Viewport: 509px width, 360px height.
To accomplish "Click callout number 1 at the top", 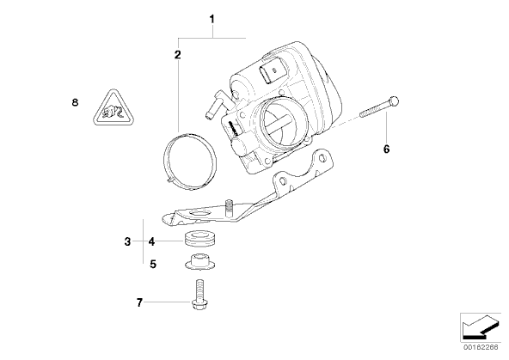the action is (x=212, y=19).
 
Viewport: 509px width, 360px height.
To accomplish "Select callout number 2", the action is (x=178, y=54).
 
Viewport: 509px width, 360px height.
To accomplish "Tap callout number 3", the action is (x=127, y=241).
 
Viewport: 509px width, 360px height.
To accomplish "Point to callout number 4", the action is (x=151, y=241).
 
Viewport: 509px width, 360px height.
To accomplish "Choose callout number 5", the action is (x=153, y=264).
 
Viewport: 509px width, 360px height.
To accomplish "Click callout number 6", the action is (x=386, y=149).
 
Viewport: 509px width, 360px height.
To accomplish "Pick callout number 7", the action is (x=139, y=302).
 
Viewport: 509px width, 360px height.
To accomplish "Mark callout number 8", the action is (x=75, y=102).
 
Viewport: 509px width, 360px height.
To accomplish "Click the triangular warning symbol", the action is (x=113, y=108).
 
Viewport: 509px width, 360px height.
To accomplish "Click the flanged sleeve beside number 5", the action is (x=200, y=261).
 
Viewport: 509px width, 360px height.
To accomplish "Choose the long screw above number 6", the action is (x=379, y=108).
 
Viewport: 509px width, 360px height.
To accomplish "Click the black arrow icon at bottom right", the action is (x=480, y=328).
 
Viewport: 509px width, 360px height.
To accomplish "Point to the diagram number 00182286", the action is (x=481, y=347).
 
